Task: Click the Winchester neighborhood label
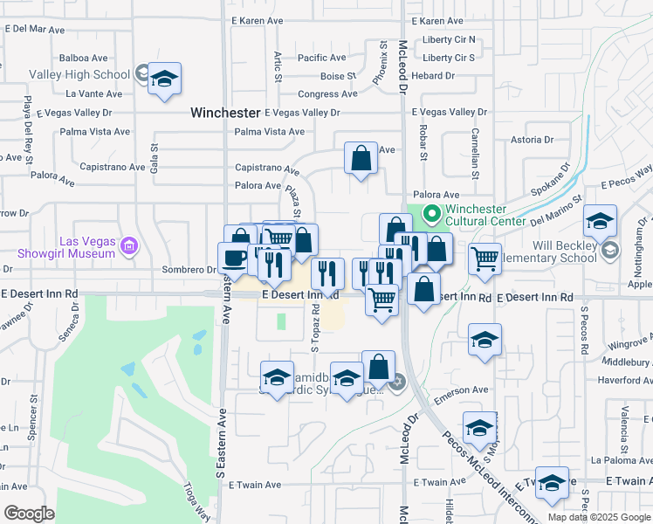pyautogui.click(x=225, y=113)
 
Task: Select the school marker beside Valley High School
pyautogui.click(x=163, y=80)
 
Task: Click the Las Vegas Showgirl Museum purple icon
pyautogui.click(x=129, y=247)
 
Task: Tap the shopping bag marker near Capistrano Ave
pyautogui.click(x=361, y=160)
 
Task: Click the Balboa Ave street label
pyautogui.click(x=83, y=58)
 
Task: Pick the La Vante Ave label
pyautogui.click(x=93, y=93)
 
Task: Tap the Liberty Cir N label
pyautogui.click(x=448, y=39)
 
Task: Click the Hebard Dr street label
pyautogui.click(x=442, y=76)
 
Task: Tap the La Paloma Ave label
pyautogui.click(x=620, y=459)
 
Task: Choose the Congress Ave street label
pyautogui.click(x=327, y=94)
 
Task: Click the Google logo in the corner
pyautogui.click(x=28, y=514)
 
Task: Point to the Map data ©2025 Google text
pyautogui.click(x=598, y=517)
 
